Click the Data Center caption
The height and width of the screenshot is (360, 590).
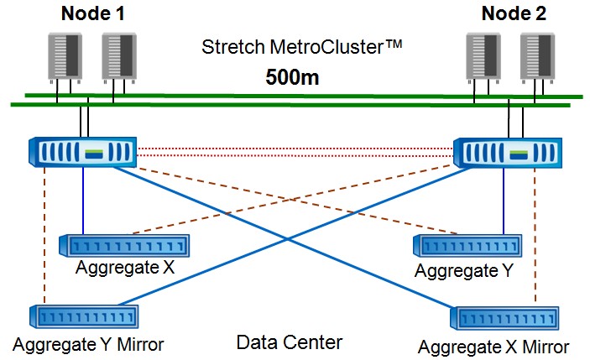(290, 342)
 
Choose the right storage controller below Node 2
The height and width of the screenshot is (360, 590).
(507, 152)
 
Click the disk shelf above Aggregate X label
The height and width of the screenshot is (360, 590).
(123, 246)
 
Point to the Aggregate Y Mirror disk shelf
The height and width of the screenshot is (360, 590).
(85, 317)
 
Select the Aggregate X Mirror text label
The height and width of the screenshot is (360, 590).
(493, 347)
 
